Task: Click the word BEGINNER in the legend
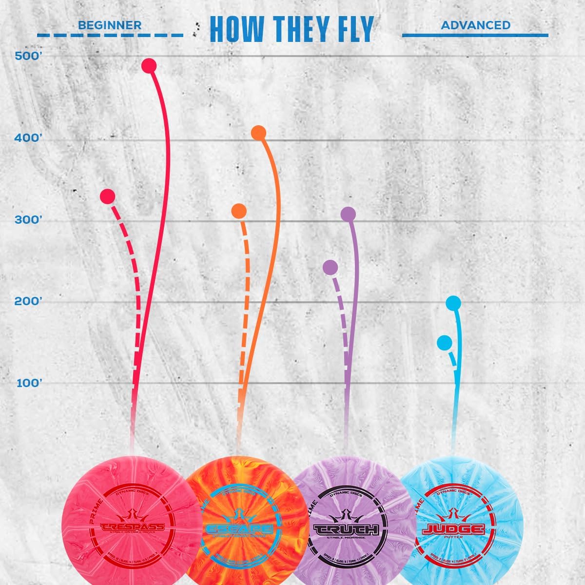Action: (x=110, y=25)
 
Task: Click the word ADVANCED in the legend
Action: (x=475, y=25)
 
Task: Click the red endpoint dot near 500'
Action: (x=148, y=66)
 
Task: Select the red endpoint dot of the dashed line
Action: (x=107, y=196)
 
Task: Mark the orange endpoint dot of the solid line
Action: (x=258, y=133)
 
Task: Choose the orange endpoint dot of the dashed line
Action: (x=239, y=211)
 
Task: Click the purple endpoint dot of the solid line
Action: (x=348, y=214)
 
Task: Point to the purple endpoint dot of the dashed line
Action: (x=330, y=267)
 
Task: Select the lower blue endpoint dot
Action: (x=444, y=343)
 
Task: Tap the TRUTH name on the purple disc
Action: (x=346, y=529)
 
